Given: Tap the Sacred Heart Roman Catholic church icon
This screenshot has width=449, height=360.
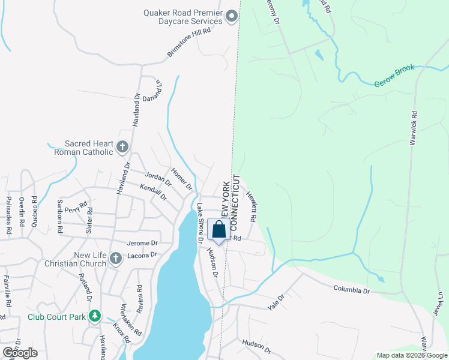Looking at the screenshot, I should (122, 146).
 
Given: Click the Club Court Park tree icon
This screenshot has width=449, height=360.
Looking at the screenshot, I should (94, 316).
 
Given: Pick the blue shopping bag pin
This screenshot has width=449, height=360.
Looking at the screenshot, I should (219, 230).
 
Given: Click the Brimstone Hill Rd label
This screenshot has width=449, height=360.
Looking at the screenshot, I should (189, 44).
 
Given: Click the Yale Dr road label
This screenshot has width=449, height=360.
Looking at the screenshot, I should (276, 302).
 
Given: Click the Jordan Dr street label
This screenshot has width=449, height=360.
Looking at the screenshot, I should (158, 179).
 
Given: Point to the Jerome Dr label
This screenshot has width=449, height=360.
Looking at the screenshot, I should (142, 243).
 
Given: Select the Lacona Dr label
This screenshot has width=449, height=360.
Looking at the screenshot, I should (142, 255).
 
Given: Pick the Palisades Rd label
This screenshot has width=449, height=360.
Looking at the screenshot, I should (9, 215).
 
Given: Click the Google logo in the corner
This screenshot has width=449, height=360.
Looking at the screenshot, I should (20, 353).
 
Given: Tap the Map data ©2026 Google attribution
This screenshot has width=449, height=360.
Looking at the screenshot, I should (411, 355).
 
